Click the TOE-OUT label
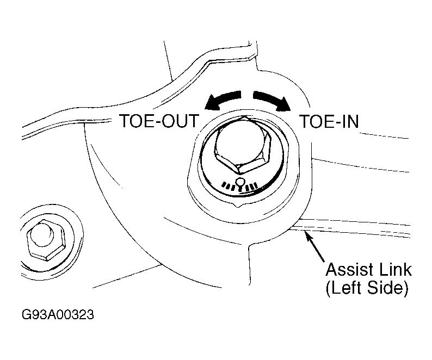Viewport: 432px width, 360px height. click(159, 121)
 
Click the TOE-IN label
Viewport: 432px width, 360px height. click(329, 121)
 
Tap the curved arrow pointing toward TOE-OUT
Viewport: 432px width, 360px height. click(222, 101)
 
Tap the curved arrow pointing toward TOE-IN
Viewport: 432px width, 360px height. click(272, 101)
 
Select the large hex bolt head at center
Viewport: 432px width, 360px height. click(242, 145)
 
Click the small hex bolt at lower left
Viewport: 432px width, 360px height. click(46, 240)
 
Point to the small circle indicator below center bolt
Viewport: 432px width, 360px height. click(240, 182)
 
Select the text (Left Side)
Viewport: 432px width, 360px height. click(367, 288)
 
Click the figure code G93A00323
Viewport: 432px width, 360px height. click(58, 314)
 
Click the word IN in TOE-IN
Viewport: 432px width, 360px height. click(350, 121)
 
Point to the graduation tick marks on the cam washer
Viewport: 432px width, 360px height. click(240, 186)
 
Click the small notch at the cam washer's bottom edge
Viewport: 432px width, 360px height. click(237, 205)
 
